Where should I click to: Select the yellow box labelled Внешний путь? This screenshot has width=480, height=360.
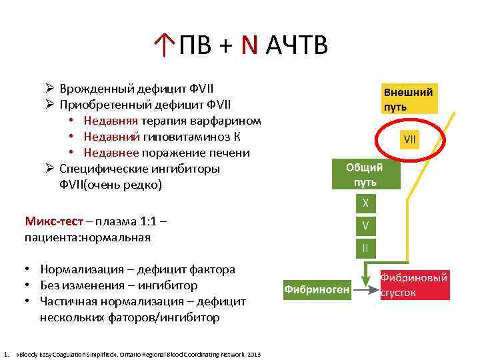click(x=407, y=99)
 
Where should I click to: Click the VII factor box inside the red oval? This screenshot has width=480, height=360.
click(x=410, y=141)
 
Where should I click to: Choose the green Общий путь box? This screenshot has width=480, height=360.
click(x=365, y=175)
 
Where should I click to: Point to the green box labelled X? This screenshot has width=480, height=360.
click(x=365, y=203)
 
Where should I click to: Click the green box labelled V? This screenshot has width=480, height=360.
click(x=365, y=225)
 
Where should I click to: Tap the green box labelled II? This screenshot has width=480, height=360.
click(x=365, y=248)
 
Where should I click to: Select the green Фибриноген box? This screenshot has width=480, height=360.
click(x=317, y=289)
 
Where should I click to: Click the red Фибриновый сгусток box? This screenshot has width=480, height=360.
click(x=413, y=285)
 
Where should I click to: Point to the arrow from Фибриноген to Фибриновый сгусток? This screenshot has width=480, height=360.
click(x=365, y=289)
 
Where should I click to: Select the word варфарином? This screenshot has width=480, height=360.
click(x=227, y=121)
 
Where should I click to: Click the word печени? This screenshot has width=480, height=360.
click(x=229, y=153)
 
